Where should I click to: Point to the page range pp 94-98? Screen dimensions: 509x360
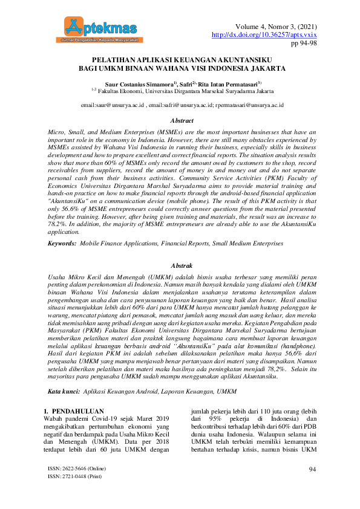point(304,44)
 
